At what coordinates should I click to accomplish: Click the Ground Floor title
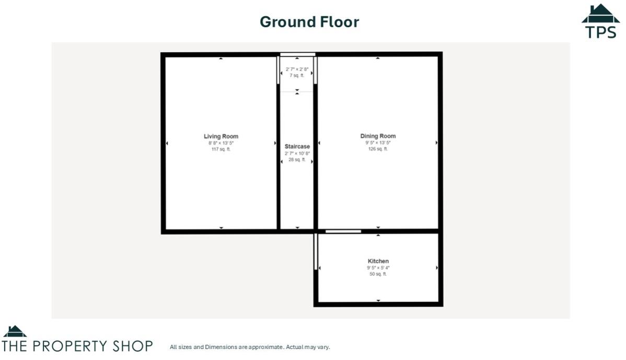[x=309, y=22]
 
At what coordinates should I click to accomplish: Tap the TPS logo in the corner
[x=601, y=22]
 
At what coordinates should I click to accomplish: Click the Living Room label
[x=221, y=136]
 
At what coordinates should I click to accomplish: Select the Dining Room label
[x=378, y=136]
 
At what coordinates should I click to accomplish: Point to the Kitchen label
[x=378, y=261]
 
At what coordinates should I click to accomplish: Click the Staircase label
[x=297, y=147]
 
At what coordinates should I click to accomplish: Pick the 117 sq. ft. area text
[x=221, y=149]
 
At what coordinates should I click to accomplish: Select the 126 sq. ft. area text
[x=378, y=149]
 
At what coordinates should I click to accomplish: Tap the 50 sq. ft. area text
[x=378, y=274]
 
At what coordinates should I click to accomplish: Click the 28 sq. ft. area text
[x=297, y=160]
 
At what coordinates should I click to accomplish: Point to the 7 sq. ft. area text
[x=297, y=76]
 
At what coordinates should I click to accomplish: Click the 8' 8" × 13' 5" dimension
[x=221, y=143]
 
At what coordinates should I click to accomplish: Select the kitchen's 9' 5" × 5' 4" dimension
[x=378, y=268]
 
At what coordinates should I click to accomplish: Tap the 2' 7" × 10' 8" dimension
[x=297, y=154]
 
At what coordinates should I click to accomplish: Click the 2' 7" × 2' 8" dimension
[x=297, y=69]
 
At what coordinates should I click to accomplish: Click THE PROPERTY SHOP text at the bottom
[x=77, y=346]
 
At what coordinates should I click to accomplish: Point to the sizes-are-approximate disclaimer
[x=250, y=347]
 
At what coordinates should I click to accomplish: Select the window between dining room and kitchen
[x=343, y=231]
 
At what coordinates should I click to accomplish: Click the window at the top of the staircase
[x=297, y=54]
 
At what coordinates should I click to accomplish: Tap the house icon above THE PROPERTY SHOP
[x=15, y=331]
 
